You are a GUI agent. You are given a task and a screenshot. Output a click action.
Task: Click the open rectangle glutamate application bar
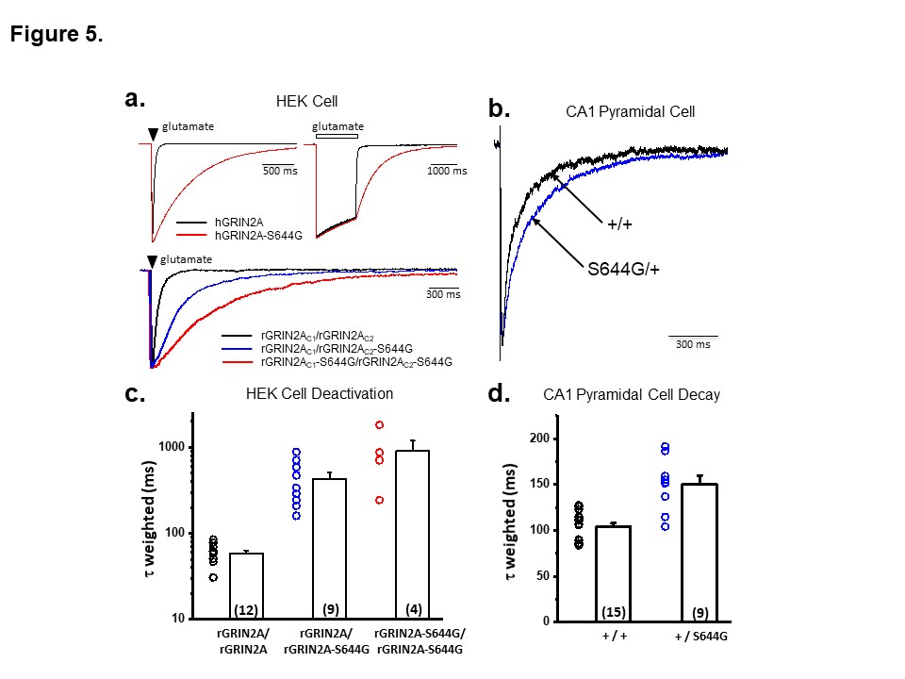(x=337, y=136)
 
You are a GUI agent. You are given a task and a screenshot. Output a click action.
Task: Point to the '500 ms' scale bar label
(x=279, y=171)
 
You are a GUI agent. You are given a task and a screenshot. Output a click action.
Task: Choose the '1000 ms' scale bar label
(x=446, y=171)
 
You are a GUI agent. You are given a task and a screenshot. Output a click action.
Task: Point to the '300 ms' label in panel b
(x=693, y=343)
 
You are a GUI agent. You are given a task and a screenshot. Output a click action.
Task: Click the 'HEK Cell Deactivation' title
(x=315, y=394)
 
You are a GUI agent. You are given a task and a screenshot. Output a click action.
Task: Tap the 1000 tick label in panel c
(x=170, y=447)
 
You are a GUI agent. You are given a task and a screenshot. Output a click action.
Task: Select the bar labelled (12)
(x=246, y=586)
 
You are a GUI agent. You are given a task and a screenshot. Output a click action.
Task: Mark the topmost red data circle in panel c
(x=379, y=425)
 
